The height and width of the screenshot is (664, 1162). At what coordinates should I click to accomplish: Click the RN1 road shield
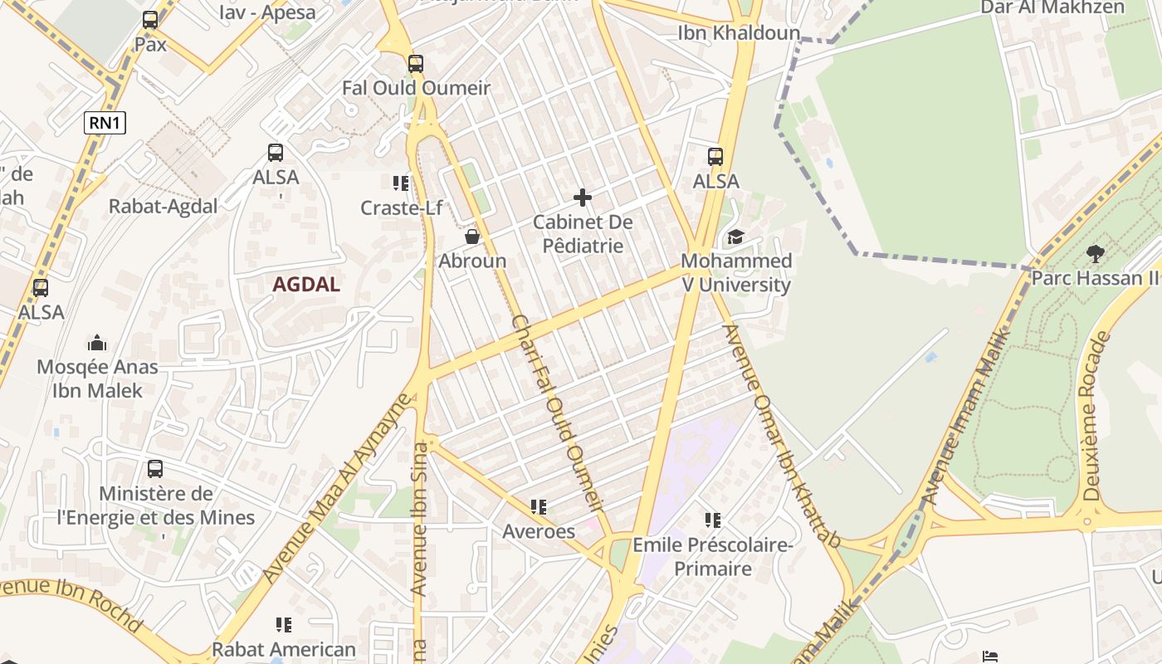pyautogui.click(x=105, y=124)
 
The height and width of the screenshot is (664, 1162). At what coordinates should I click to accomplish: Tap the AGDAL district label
pyautogui.click(x=306, y=285)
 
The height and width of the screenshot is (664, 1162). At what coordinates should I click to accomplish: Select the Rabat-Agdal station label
pyautogui.click(x=163, y=207)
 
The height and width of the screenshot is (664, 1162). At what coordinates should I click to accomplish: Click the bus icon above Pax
pyautogui.click(x=150, y=20)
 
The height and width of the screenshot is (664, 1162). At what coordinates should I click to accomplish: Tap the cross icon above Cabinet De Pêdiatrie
pyautogui.click(x=583, y=198)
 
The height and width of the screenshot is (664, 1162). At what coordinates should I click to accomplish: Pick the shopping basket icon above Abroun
pyautogui.click(x=472, y=237)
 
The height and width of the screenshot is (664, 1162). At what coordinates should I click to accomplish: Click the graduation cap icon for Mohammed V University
pyautogui.click(x=735, y=237)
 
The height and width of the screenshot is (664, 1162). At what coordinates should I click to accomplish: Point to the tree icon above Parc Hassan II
pyautogui.click(x=1096, y=253)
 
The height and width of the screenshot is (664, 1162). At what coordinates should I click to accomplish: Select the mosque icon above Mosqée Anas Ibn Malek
pyautogui.click(x=97, y=343)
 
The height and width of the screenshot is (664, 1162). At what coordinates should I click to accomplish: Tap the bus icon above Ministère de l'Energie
pyautogui.click(x=155, y=469)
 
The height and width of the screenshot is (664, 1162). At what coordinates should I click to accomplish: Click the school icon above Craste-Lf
pyautogui.click(x=401, y=183)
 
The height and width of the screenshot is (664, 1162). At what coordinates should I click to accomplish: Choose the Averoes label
pyautogui.click(x=539, y=531)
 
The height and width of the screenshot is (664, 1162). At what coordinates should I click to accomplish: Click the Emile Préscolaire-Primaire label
pyautogui.click(x=713, y=557)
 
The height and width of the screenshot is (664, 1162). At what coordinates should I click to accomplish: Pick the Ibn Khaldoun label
pyautogui.click(x=739, y=33)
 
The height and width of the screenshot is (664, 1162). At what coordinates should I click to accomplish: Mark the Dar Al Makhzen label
pyautogui.click(x=1052, y=7)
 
